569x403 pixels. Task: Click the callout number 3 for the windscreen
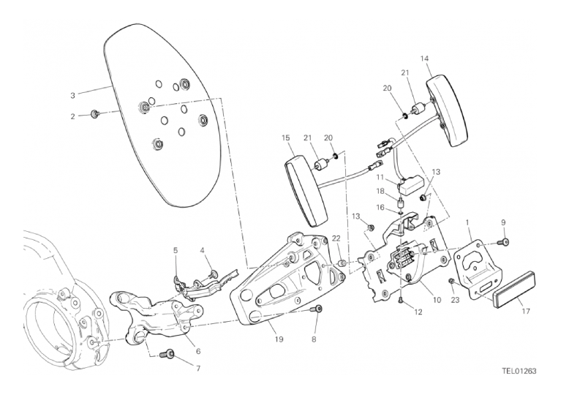point(73,95)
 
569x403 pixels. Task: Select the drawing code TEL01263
point(519,371)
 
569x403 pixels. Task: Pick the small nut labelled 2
point(95,114)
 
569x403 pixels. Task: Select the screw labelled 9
point(505,241)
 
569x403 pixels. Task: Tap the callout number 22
point(336,239)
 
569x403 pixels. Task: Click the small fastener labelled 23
point(452,282)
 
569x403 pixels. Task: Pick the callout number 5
point(176,251)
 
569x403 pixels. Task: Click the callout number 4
point(203,251)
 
